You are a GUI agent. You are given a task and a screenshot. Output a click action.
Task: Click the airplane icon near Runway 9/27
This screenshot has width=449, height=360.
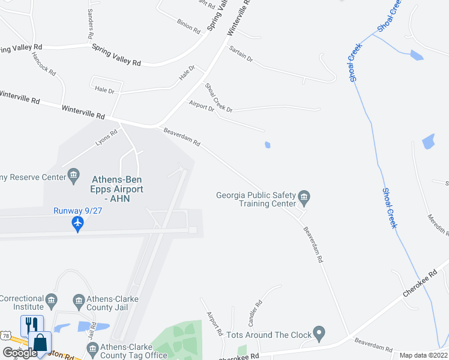click(77, 223)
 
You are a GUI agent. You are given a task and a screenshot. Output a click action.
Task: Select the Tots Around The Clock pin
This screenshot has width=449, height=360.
click(319, 332)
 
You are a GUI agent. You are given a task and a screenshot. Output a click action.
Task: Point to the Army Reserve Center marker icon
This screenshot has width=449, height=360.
click(74, 176)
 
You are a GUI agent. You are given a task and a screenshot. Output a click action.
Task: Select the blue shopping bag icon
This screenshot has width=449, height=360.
click(40, 343)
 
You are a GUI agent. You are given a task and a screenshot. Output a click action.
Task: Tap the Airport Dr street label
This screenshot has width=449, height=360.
click(201, 106)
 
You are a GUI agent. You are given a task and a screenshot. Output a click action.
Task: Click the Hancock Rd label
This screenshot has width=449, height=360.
click(44, 64)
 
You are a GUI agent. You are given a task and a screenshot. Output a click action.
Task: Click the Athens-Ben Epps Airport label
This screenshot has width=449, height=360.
click(117, 184)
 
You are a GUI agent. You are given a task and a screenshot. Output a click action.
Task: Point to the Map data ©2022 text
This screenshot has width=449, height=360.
click(423, 355)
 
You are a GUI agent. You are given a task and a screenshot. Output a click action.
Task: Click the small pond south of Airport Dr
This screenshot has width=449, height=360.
click(267, 145)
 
